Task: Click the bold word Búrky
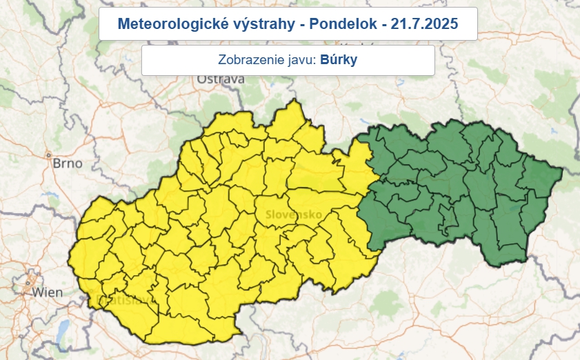point(339,60)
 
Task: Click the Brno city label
point(67,164)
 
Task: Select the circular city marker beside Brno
point(48,155)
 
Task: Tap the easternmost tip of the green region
point(563,170)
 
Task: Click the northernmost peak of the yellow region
point(295,100)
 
